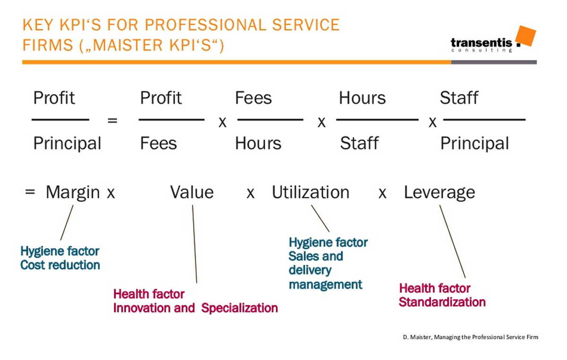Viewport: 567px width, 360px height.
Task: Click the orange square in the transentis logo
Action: coord(525,36)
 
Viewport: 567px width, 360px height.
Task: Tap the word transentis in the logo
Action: coord(481,43)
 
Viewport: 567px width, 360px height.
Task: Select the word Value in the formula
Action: coord(192,192)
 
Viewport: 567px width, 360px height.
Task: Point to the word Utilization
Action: coord(310,192)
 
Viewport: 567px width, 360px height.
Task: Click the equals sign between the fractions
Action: coord(112,120)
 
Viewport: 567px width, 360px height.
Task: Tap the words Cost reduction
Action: coord(60,265)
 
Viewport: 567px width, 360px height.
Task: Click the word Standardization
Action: coord(442,302)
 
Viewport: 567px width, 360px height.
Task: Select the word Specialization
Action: coord(240,309)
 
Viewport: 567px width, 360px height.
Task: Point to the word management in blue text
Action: coord(326,285)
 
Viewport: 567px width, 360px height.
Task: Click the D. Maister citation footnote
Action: coord(471,337)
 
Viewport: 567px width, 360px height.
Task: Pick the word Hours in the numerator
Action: coord(362,98)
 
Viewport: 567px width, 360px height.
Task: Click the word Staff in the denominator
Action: coord(359,143)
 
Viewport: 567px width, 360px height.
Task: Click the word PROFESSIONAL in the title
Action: coord(206,25)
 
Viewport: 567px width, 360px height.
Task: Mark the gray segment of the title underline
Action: coord(494,62)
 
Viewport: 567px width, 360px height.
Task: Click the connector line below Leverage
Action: coord(452,241)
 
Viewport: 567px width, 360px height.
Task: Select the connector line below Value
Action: coord(194,244)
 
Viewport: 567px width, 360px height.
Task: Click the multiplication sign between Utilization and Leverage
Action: coord(382,194)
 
